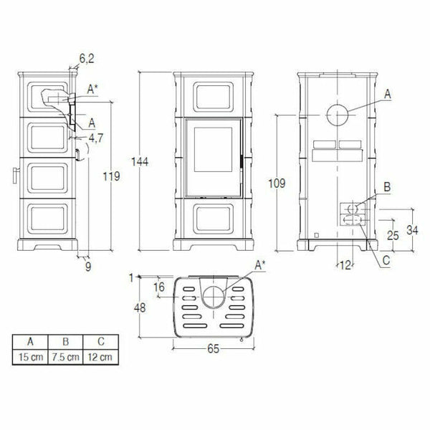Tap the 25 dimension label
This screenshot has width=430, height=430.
(x=392, y=234)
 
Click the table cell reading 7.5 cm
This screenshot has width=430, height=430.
(x=65, y=357)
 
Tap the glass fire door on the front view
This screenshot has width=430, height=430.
(x=211, y=158)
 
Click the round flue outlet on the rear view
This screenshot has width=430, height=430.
(x=338, y=115)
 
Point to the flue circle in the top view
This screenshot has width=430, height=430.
(x=212, y=295)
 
